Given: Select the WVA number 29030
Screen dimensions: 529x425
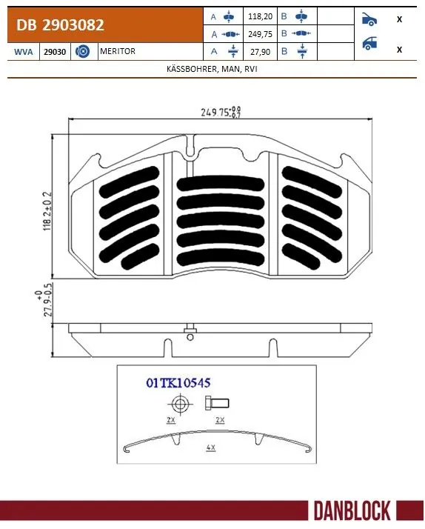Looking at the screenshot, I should tap(53, 52).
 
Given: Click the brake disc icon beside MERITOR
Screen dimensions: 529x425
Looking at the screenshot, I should tap(83, 52).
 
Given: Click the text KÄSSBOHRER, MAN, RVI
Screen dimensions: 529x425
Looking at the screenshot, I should tap(212, 69).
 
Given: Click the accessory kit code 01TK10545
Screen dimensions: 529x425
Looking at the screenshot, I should tap(178, 383).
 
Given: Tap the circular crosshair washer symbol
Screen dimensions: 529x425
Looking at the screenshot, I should tap(179, 404).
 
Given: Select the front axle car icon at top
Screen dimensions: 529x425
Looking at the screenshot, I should tap(369, 19).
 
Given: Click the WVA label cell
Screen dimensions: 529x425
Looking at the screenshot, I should tap(22, 52).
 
